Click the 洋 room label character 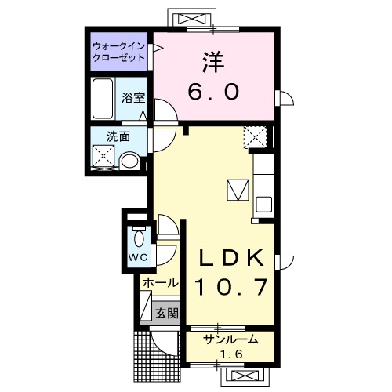tap(213, 62)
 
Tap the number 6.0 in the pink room tap(213, 92)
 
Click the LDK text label tap(231, 258)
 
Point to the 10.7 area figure tap(231, 287)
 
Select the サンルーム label tap(230, 339)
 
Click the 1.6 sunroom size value tap(231, 354)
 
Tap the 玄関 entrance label tap(167, 313)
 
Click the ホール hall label tap(161, 283)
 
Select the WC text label tap(138, 258)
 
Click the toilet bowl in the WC tap(139, 237)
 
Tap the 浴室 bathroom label tap(133, 98)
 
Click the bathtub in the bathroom tap(103, 99)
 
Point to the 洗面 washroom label tap(118, 136)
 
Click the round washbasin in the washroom tap(130, 161)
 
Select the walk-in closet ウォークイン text tap(119, 46)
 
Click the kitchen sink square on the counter tap(264, 205)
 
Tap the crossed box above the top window tap(192, 20)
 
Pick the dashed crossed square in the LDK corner tap(255, 137)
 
